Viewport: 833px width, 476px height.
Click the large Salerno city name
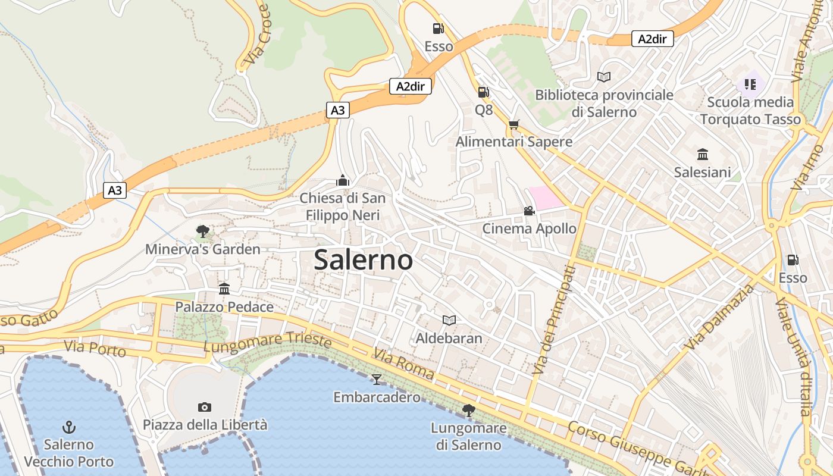(x=363, y=260)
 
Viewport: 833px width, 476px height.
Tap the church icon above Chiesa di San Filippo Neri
(x=343, y=180)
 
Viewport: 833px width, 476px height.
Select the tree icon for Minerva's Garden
(x=203, y=231)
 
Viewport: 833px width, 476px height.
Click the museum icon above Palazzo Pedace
(x=224, y=289)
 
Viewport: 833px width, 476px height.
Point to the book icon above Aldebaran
(x=449, y=321)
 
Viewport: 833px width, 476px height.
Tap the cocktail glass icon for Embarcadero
(x=377, y=379)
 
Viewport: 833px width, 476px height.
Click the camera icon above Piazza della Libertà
(x=205, y=407)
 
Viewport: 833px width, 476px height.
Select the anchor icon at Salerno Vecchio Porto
(x=69, y=427)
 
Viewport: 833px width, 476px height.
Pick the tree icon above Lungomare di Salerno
(x=469, y=410)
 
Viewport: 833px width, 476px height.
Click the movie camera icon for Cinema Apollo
(x=529, y=211)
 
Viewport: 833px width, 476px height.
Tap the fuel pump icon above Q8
(x=484, y=92)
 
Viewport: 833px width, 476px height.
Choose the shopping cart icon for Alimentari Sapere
(x=514, y=124)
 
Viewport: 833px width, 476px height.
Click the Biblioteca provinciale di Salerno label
(x=604, y=103)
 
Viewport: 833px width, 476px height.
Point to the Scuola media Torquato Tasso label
(x=750, y=111)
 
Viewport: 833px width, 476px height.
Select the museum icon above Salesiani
(x=703, y=155)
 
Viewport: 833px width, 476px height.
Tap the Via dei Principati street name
(x=554, y=320)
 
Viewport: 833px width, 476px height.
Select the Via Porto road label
(x=95, y=349)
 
